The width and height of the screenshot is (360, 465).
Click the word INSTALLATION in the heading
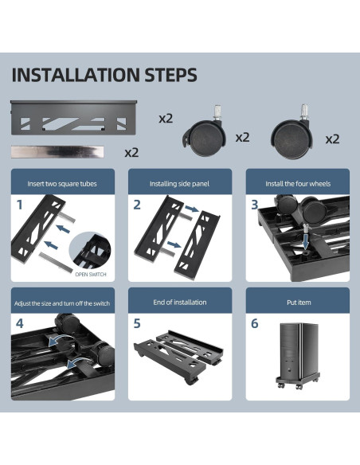(76, 75)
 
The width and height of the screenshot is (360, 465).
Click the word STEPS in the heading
(170, 75)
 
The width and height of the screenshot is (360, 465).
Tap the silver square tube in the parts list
(57, 151)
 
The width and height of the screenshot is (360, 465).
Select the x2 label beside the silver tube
(131, 153)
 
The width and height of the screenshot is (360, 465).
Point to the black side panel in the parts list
(74, 117)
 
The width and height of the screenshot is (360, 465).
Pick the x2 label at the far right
(332, 139)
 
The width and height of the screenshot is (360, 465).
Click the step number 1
(20, 205)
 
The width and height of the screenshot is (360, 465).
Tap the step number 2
(137, 205)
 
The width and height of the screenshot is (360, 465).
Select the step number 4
(20, 323)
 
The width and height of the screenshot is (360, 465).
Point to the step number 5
(137, 323)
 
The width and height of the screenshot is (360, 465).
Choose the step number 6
(254, 323)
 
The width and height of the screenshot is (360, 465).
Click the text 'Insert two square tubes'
(62, 184)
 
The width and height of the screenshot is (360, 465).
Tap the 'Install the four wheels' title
(298, 184)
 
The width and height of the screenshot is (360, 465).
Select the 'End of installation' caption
(180, 303)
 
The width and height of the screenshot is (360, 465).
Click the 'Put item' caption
(299, 303)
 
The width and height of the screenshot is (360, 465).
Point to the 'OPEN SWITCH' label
(91, 275)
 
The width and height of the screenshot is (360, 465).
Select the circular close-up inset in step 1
(90, 251)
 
